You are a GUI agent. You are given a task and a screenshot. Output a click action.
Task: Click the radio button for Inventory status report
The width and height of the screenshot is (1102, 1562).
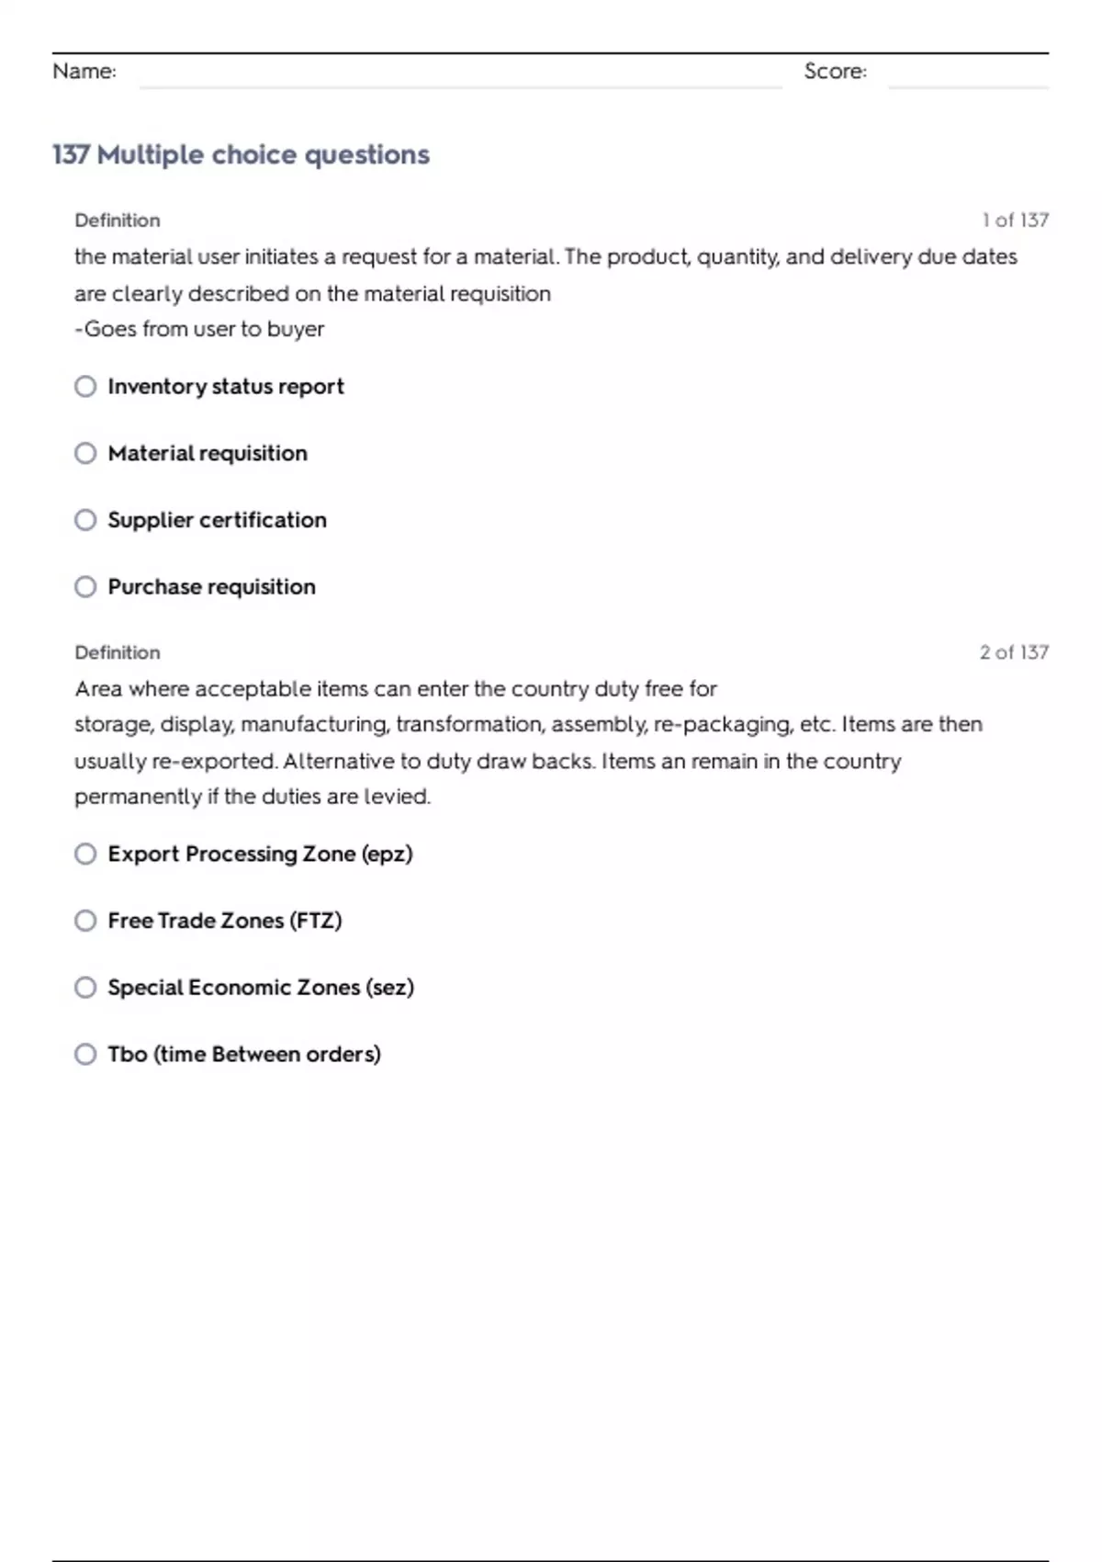click(85, 387)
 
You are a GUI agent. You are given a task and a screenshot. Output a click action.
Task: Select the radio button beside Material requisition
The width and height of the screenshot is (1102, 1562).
click(85, 454)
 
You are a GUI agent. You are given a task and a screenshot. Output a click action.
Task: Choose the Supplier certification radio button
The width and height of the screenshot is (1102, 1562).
click(85, 520)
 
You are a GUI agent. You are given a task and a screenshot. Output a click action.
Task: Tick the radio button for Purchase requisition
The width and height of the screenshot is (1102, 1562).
click(85, 587)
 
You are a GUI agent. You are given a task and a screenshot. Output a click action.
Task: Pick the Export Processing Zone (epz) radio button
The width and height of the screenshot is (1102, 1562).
click(85, 855)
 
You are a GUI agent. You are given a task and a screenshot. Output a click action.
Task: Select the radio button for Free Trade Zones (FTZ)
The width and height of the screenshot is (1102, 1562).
click(85, 921)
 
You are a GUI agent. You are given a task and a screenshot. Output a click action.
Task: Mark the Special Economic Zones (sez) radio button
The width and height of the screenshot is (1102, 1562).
click(85, 988)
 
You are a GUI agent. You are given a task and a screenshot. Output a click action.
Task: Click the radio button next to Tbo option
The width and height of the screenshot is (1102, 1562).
click(85, 1054)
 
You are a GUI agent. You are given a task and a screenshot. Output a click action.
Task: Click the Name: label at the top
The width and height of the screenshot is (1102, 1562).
click(84, 72)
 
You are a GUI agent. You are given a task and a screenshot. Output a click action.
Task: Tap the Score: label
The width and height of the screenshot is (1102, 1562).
click(835, 72)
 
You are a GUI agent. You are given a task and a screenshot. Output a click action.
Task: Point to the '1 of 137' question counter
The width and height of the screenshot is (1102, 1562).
click(1015, 221)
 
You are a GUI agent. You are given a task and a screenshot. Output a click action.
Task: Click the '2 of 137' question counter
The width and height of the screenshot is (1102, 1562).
click(1014, 652)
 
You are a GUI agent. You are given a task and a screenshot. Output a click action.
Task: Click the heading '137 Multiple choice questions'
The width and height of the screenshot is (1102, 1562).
click(241, 154)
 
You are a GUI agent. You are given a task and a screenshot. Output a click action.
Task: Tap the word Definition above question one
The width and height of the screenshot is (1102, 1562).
click(118, 221)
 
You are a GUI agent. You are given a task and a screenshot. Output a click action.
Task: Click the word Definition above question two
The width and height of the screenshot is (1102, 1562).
click(118, 652)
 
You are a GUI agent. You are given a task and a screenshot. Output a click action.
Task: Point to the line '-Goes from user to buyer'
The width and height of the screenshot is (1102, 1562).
click(199, 329)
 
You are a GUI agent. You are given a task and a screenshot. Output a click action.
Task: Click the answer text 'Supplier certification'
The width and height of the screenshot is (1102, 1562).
click(217, 520)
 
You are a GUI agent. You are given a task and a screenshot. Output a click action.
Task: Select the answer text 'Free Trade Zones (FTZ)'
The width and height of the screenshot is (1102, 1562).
click(225, 921)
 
